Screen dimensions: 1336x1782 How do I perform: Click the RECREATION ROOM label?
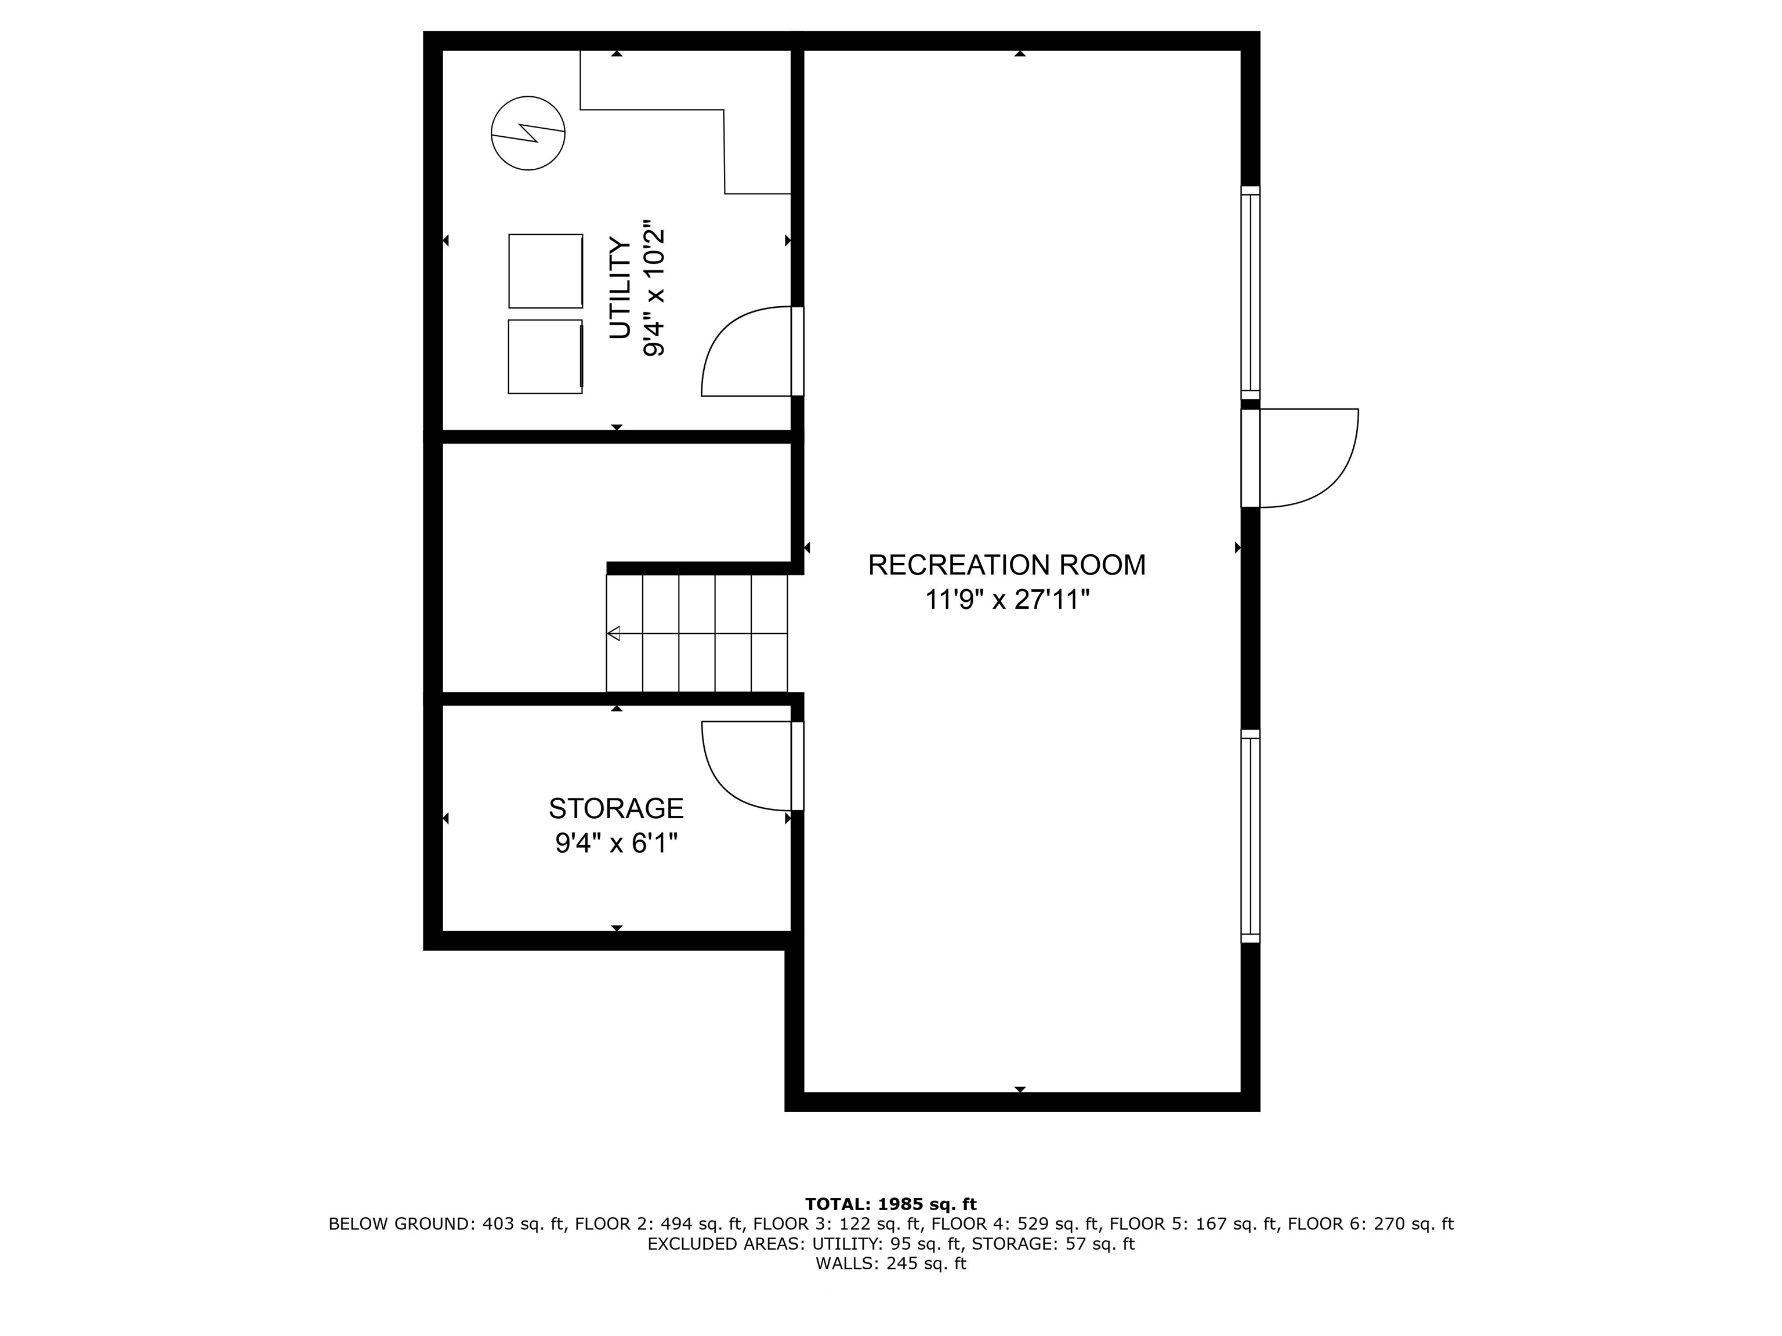1006,565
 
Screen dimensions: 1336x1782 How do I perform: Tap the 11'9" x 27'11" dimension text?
1006,600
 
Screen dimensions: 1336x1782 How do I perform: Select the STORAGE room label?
616,808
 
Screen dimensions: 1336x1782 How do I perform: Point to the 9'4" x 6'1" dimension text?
616,843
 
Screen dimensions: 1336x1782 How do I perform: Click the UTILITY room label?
620,288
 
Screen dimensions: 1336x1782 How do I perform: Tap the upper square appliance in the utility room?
545,271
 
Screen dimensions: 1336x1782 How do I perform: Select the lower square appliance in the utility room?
545,357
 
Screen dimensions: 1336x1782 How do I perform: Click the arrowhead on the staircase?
614,633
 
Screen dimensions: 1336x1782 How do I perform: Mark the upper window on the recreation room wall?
1249,292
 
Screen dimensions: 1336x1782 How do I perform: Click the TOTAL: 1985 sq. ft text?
890,1204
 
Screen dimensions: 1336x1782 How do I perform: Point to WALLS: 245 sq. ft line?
890,1264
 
